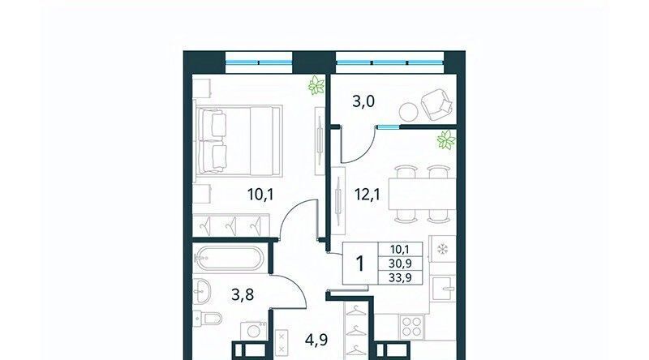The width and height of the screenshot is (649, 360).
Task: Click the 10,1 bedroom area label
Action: pyautogui.click(x=260, y=194)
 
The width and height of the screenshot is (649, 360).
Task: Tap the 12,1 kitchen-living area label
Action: pyautogui.click(x=368, y=194)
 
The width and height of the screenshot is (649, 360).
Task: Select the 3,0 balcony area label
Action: pyautogui.click(x=363, y=101)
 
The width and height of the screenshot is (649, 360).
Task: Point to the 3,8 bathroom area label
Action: pyautogui.click(x=243, y=295)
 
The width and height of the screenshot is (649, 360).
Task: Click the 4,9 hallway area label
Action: pyautogui.click(x=316, y=340)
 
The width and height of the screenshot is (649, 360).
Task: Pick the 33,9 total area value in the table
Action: pyautogui.click(x=400, y=277)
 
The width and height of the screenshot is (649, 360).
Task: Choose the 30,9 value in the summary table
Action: pyautogui.click(x=400, y=264)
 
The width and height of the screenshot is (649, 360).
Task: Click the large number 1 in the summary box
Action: pyautogui.click(x=360, y=264)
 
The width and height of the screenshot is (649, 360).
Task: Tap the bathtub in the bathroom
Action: pyautogui.click(x=229, y=258)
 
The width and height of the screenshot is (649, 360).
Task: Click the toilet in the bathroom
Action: pyautogui.click(x=208, y=319)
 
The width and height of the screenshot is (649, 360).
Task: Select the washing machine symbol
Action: pyautogui.click(x=254, y=332)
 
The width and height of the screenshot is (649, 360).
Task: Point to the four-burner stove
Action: pyautogui.click(x=412, y=327)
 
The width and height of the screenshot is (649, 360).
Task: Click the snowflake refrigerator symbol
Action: pyautogui.click(x=443, y=249)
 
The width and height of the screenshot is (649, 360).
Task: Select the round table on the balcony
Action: pyautogui.click(x=409, y=111)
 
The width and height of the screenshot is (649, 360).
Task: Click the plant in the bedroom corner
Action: pyautogui.click(x=316, y=85)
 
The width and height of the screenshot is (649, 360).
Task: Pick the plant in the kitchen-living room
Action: pyautogui.click(x=446, y=139)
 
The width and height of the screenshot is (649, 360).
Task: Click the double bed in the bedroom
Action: pyautogui.click(x=240, y=141)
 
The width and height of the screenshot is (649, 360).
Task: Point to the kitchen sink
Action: pyautogui.click(x=443, y=289)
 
